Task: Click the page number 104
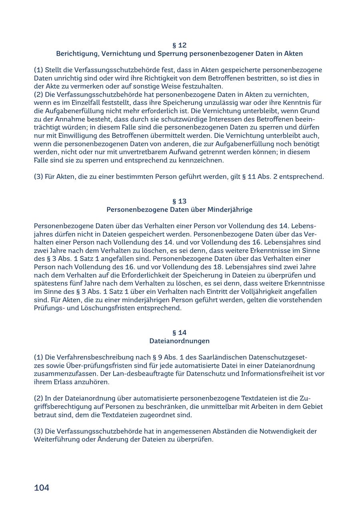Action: [42, 488]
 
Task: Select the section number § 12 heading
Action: [180, 45]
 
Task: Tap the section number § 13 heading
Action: [180, 201]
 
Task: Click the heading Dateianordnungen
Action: [180, 341]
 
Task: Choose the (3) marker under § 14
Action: [38, 431]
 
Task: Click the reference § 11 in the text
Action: [249, 177]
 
